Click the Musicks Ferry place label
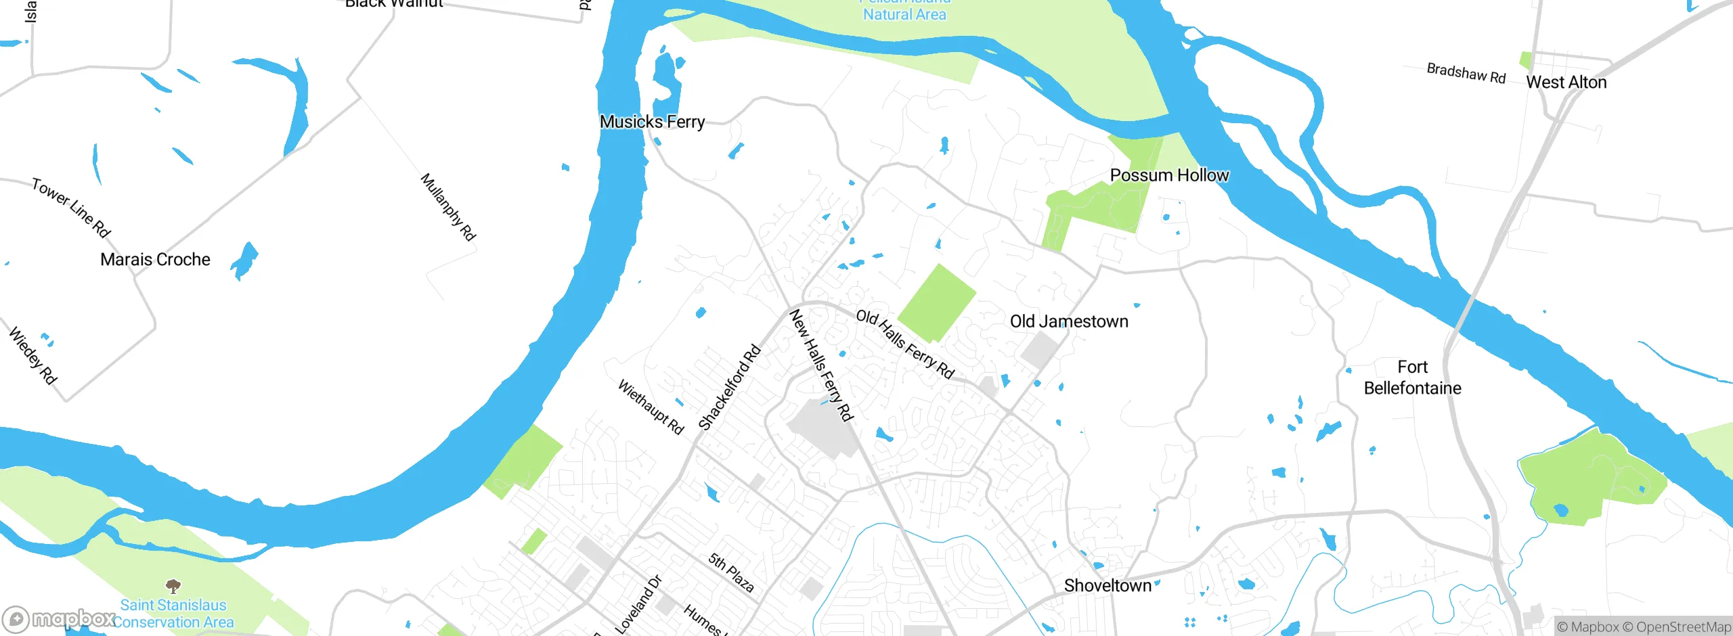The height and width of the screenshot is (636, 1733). point(652,122)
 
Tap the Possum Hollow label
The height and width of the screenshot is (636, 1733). point(1169,175)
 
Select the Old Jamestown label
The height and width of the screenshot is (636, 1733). point(1069,321)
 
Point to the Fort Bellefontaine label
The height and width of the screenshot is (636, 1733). point(1412,378)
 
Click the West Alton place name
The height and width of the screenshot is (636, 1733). point(1566,83)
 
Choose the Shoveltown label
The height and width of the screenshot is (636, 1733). point(1107,585)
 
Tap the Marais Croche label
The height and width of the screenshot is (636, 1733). point(155,260)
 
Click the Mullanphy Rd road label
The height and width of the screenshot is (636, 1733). point(448,207)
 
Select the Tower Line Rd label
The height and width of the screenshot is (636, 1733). point(71,208)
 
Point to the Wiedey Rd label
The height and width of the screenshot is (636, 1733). point(32,356)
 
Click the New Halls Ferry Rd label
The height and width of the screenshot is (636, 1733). point(820,365)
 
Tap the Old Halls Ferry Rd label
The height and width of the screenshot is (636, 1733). point(905,344)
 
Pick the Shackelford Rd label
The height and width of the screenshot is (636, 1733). point(729,388)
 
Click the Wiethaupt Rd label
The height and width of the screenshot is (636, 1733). point(651,407)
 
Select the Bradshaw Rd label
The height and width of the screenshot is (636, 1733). point(1466,73)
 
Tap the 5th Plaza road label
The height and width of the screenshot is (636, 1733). point(731,572)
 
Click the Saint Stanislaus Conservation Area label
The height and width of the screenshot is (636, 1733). point(173,614)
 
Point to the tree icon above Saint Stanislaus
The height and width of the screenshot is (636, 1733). point(173,586)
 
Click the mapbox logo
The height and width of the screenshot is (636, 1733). point(60,618)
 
